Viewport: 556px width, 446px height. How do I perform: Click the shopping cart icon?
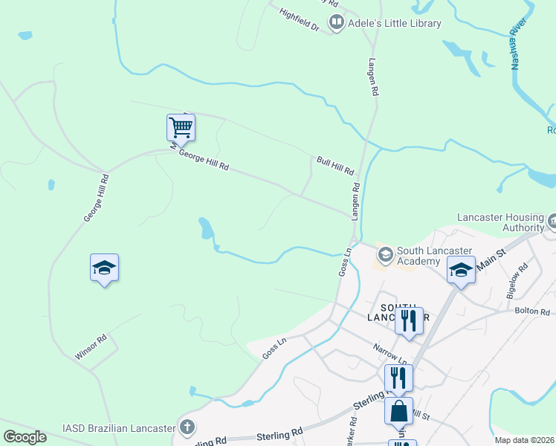coord(181,128)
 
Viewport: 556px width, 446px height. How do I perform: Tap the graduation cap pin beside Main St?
coord(461,271)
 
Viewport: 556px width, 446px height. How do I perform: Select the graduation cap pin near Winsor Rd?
coord(105,268)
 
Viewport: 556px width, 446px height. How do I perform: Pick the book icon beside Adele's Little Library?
coord(337,23)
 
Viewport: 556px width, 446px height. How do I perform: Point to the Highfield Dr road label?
coord(299,20)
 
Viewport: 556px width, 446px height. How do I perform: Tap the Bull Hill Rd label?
coord(334,165)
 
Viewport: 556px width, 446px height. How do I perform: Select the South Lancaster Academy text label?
coord(429,256)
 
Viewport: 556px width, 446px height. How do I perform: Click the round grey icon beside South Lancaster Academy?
coord(385,256)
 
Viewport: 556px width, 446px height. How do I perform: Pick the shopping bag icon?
coord(398,410)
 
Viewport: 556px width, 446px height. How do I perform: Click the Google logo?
coord(25,437)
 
